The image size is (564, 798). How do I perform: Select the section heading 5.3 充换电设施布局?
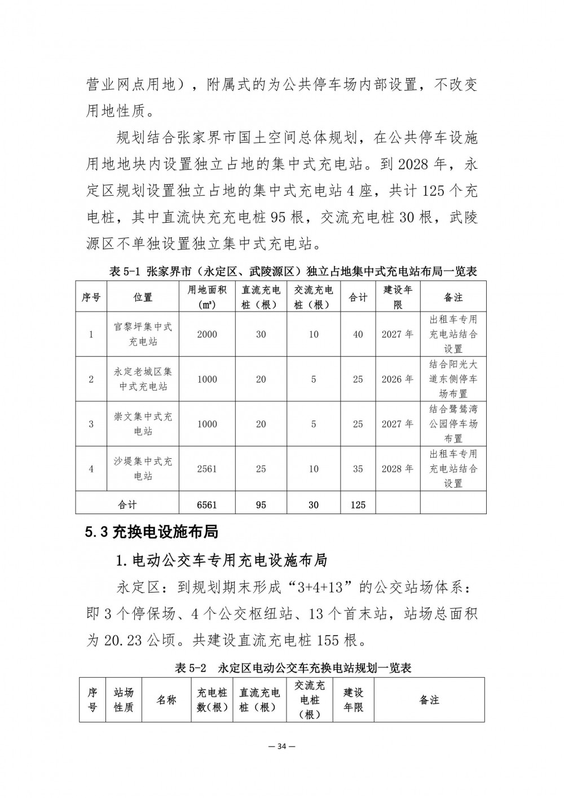[x=152, y=532]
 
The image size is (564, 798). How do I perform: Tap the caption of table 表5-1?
[x=293, y=271]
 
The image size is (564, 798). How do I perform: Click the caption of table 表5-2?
[x=293, y=668]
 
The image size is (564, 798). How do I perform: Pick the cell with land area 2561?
[x=207, y=469]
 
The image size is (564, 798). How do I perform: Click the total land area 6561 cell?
[x=207, y=505]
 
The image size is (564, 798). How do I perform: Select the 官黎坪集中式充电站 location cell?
[x=143, y=334]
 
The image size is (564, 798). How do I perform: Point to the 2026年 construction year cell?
[x=398, y=379]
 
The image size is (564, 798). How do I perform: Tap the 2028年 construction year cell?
[x=398, y=469]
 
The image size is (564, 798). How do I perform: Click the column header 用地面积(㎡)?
[x=207, y=297]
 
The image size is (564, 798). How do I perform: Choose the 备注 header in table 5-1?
[x=453, y=297]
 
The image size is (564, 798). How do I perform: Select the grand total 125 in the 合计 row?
[x=358, y=505]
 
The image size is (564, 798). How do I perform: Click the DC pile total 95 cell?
[x=261, y=505]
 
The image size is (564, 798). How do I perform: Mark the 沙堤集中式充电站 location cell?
[x=143, y=469]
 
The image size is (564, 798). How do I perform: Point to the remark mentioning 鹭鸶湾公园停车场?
[x=453, y=424]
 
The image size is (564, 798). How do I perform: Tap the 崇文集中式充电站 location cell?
[x=143, y=424]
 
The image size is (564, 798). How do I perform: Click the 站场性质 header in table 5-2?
[x=124, y=700]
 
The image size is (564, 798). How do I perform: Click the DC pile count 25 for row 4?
[x=261, y=469]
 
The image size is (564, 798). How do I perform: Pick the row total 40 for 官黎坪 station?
[x=358, y=334]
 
